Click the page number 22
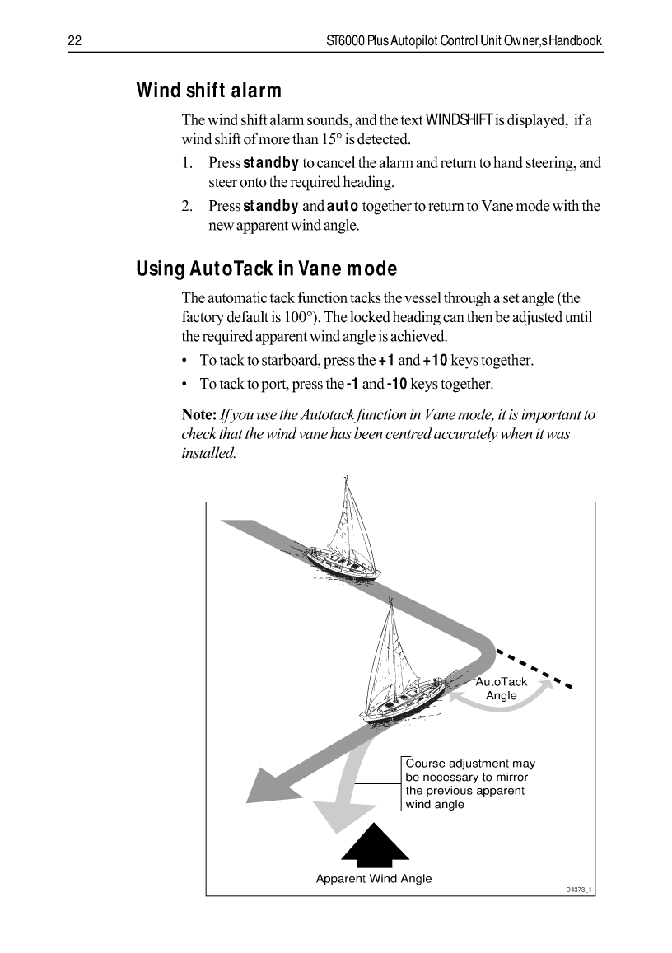72,40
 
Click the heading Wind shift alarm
208,91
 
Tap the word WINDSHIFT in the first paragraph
459,121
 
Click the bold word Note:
199,414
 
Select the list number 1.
188,163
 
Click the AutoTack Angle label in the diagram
502,689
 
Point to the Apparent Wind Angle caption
374,879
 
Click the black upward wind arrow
375,844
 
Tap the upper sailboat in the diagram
344,535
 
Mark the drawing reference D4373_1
579,890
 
